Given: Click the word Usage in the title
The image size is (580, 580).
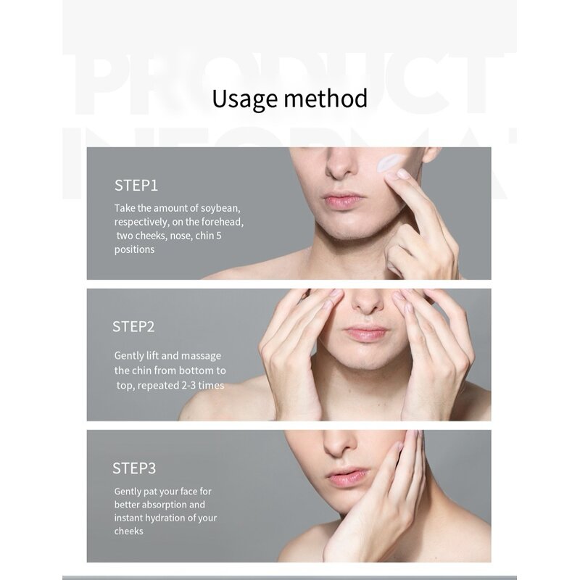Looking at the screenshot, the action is [x=244, y=99].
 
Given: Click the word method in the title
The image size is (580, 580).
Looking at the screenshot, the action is [x=326, y=98].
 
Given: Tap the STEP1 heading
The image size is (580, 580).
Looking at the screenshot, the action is [x=136, y=186].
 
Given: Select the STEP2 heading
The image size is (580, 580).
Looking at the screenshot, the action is [x=133, y=327].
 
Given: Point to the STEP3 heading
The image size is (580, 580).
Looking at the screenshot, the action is [x=134, y=468].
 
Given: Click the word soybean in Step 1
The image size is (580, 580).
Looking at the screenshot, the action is [x=220, y=208].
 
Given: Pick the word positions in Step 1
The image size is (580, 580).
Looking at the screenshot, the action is [x=134, y=249].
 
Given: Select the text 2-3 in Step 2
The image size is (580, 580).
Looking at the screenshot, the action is [x=188, y=386].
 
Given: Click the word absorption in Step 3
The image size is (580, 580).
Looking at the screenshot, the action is [x=165, y=505].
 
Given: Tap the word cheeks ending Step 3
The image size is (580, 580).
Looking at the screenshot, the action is [x=129, y=531].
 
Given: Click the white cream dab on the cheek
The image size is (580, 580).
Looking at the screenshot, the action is [x=387, y=163].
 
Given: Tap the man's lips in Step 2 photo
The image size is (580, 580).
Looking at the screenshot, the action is [x=366, y=333].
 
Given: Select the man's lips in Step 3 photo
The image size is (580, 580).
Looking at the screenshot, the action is [x=347, y=478].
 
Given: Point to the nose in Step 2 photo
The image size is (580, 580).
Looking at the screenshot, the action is [x=368, y=302].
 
